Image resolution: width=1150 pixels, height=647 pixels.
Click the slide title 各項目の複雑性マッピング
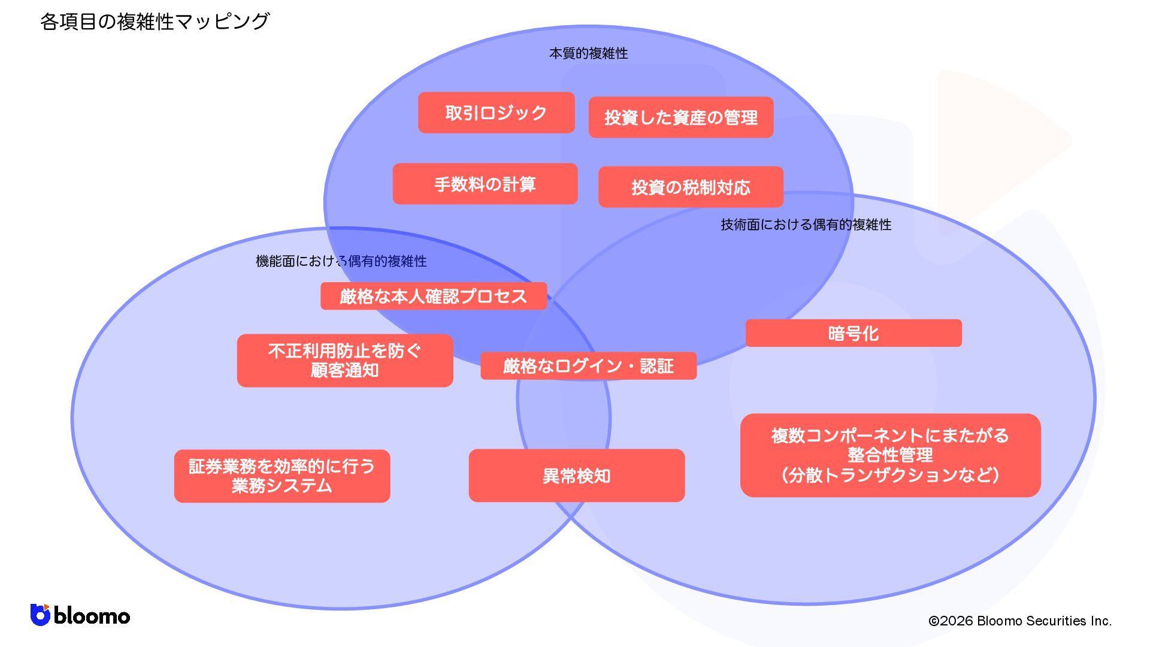click(155, 22)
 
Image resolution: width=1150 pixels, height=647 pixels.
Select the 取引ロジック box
click(496, 113)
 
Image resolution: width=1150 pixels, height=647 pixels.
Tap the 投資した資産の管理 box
click(680, 117)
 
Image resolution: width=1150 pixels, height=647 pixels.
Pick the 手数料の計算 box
click(485, 184)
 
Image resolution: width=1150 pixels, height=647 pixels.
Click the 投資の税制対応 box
click(690, 187)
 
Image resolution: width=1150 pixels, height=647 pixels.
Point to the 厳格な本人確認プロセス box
click(433, 296)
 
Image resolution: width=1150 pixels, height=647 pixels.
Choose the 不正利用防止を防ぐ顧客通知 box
click(344, 360)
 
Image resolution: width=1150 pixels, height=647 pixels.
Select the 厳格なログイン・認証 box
click(588, 365)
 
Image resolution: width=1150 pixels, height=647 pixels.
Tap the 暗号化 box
click(853, 333)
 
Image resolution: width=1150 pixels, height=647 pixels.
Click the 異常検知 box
click(576, 476)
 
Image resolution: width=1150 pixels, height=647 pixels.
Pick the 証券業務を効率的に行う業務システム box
click(282, 476)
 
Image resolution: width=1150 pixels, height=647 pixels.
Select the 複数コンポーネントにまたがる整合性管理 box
click(890, 455)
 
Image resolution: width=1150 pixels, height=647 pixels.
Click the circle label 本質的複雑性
click(588, 53)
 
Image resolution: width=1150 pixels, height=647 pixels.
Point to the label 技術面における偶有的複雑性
click(806, 225)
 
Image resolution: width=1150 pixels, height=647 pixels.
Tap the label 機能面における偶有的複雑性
click(341, 261)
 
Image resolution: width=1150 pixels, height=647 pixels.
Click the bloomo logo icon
click(40, 615)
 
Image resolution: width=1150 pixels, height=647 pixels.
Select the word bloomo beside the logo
click(92, 616)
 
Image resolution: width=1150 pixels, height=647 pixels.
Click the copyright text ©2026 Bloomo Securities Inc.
click(1019, 621)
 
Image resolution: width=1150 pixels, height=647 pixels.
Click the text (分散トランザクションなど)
click(890, 475)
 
